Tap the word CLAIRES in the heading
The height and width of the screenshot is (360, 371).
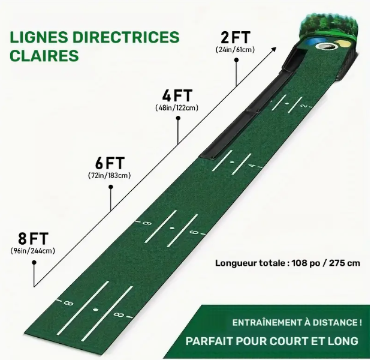[x=44, y=55]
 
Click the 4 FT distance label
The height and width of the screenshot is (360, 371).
[x=177, y=95]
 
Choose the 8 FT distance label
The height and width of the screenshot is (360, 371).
[x=33, y=237]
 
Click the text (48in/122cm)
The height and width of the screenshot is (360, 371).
[x=177, y=108]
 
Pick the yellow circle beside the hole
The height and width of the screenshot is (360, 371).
[x=344, y=43]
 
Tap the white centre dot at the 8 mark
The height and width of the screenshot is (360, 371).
[x=95, y=310]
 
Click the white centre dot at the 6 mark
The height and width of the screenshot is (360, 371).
[x=171, y=229]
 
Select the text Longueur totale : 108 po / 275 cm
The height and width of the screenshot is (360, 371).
[x=288, y=262]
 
